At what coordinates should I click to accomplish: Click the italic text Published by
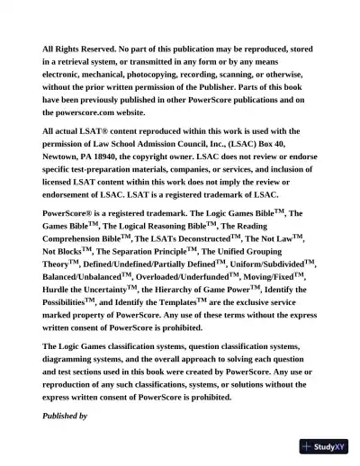[x=65, y=416]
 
